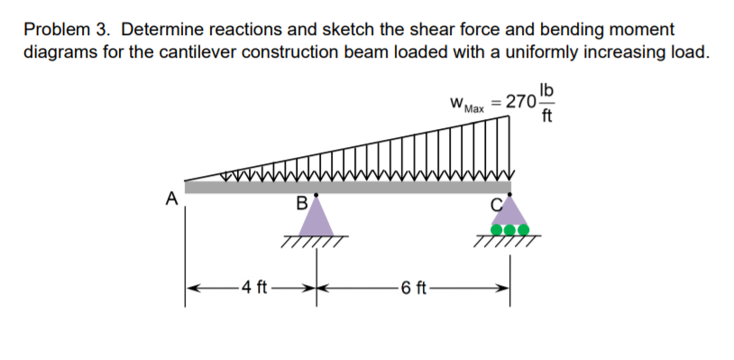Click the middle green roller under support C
[x=510, y=229]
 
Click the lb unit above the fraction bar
[x=546, y=89]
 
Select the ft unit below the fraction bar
[x=546, y=115]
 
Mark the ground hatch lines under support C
[x=511, y=242]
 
